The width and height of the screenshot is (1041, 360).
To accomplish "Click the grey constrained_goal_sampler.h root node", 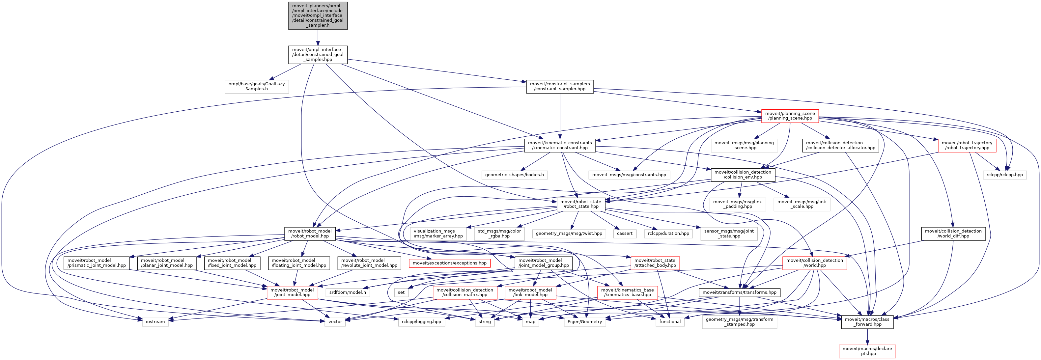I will (x=318, y=16).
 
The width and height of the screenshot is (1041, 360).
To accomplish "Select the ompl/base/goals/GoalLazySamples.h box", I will (x=257, y=87).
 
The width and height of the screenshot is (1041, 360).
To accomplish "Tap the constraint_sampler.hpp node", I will (x=560, y=87).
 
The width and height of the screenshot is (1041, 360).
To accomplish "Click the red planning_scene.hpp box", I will (x=790, y=116).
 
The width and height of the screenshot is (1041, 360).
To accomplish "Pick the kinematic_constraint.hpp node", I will (x=560, y=146).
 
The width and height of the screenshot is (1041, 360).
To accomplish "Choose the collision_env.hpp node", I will (x=743, y=175).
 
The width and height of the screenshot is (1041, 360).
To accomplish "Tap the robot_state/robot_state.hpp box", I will (x=581, y=204).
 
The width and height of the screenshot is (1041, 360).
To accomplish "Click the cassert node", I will (x=624, y=234).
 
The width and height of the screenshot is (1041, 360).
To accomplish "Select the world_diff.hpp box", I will (x=953, y=234).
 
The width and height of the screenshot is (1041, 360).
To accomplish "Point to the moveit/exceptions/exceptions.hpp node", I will (x=449, y=263).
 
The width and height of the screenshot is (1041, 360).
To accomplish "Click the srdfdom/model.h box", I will (x=348, y=292).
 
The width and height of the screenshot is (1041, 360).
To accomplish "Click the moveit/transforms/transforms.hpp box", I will (x=739, y=292).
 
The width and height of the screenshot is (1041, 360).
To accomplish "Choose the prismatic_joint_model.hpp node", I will (x=97, y=263).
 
